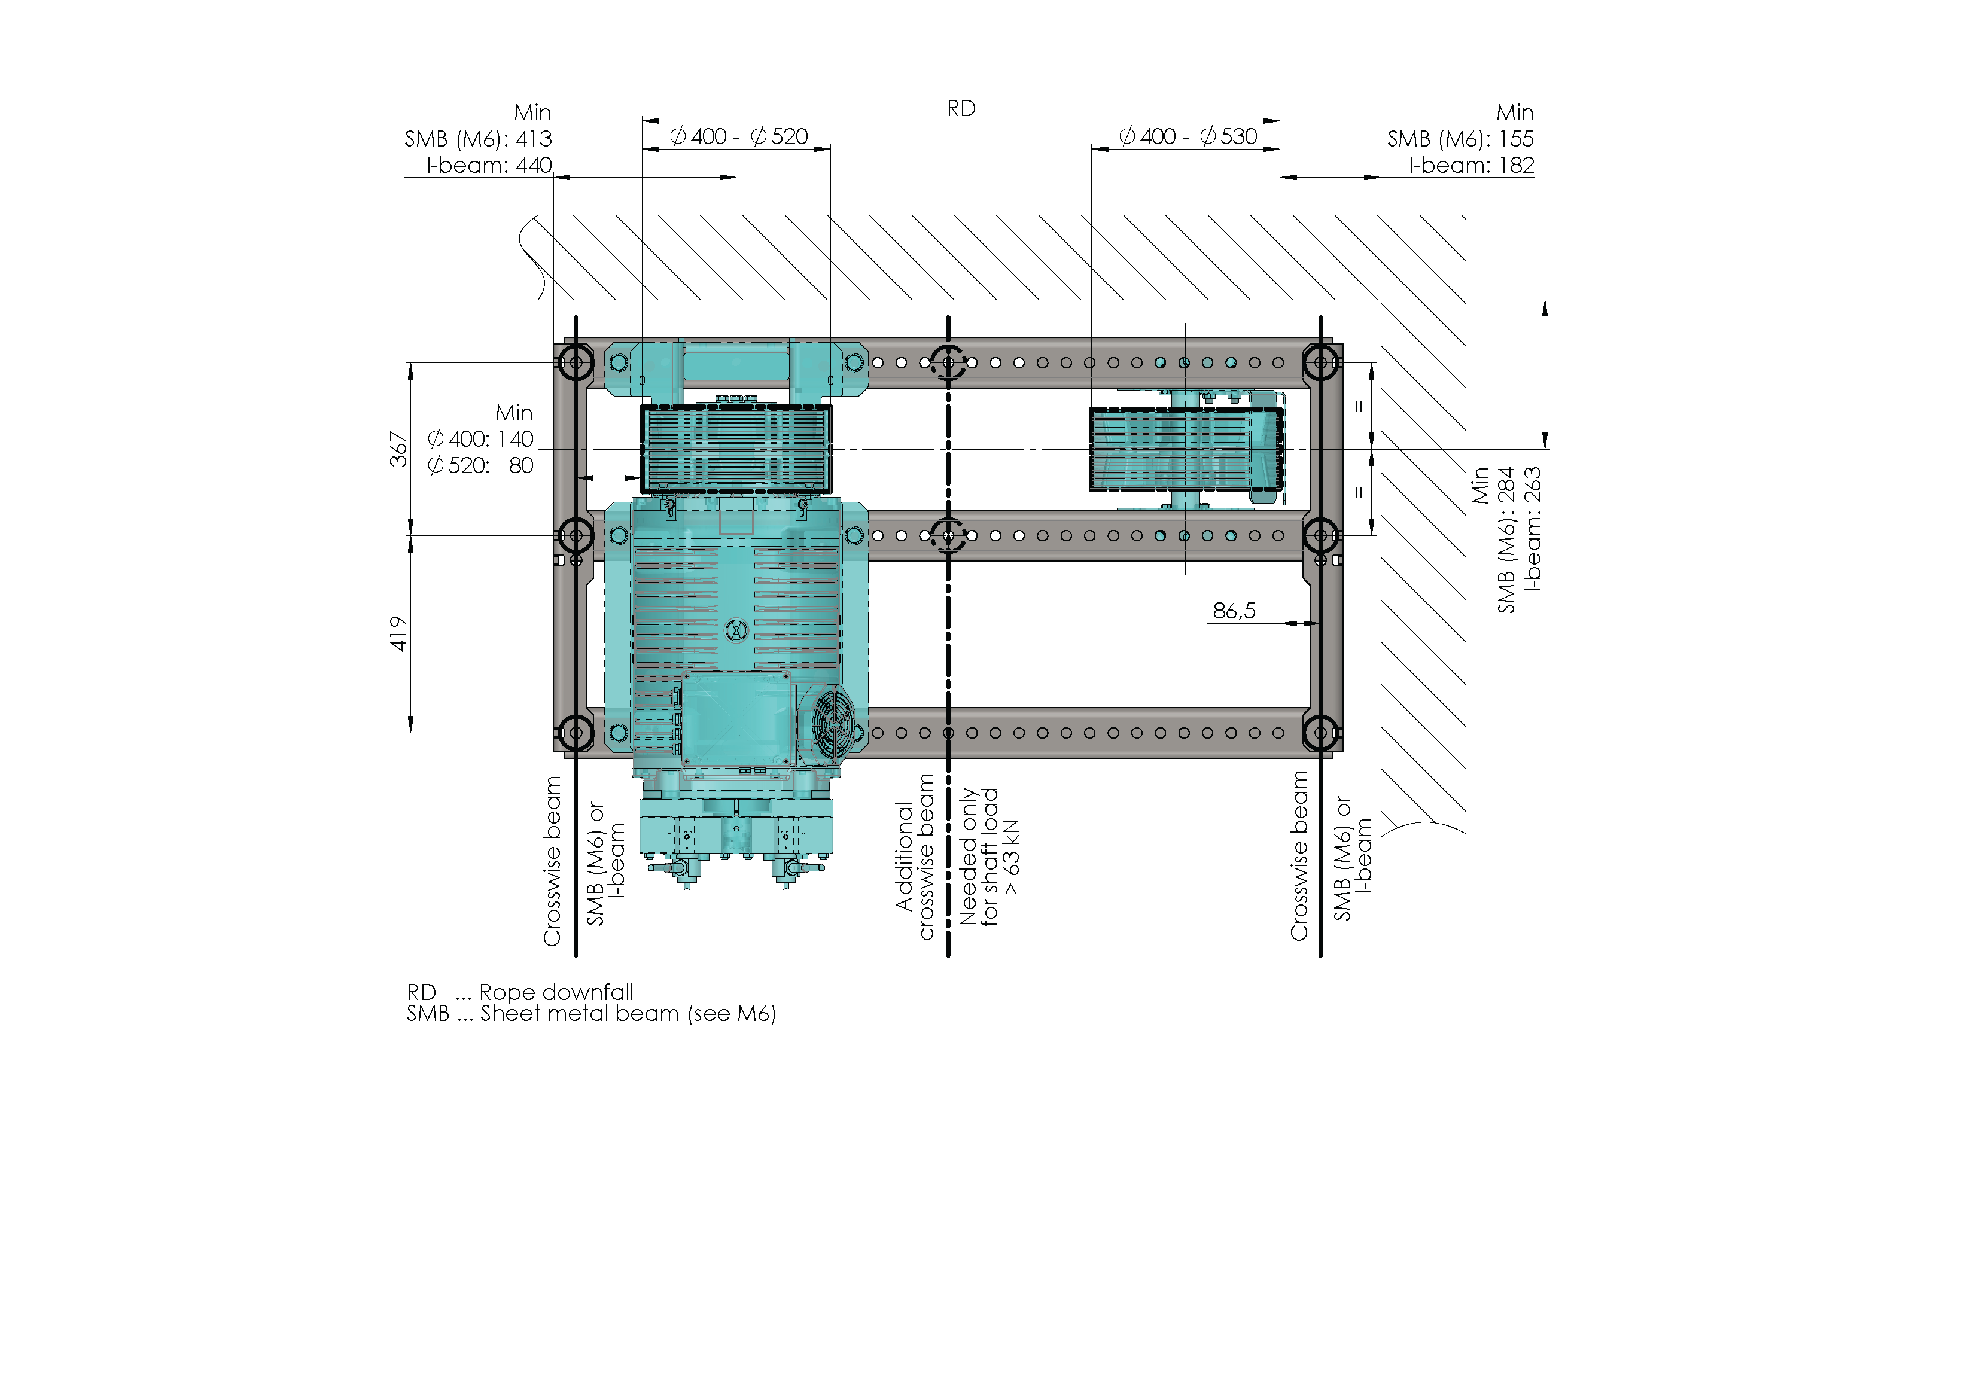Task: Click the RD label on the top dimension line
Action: click(961, 109)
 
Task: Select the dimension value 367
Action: click(398, 449)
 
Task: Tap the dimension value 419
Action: click(398, 633)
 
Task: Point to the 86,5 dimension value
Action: click(1234, 611)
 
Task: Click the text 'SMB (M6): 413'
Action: click(479, 139)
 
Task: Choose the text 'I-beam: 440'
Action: click(489, 164)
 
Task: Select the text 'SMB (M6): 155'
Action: click(1460, 139)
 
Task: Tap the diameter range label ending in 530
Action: click(1188, 136)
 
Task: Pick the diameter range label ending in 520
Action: click(739, 136)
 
